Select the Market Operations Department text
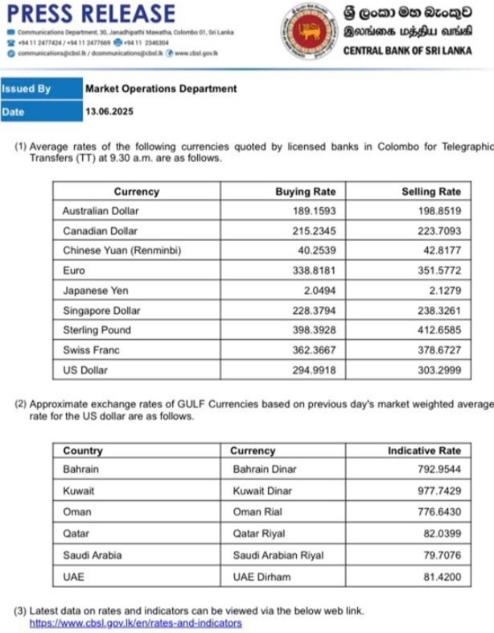[x=161, y=89]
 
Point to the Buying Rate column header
[x=305, y=192]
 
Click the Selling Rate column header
[x=431, y=192]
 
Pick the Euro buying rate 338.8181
[x=315, y=271]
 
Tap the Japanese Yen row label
[x=96, y=290]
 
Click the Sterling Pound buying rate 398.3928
[x=315, y=330]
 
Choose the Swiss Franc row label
[x=90, y=350]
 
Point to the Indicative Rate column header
[x=424, y=451]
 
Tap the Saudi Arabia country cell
[x=90, y=555]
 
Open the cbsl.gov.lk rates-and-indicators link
[x=135, y=623]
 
